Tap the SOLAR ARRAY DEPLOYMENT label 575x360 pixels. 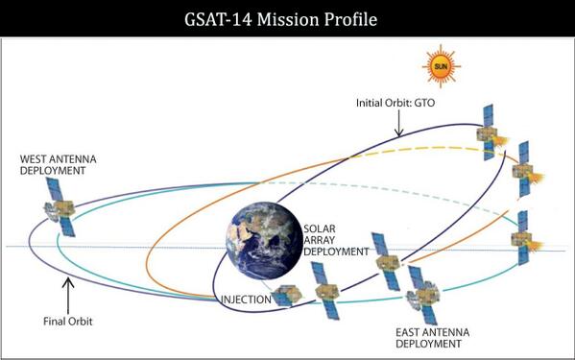point(337,240)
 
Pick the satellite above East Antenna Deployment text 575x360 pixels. point(421,292)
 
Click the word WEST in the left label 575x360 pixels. point(36,157)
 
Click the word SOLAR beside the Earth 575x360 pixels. point(321,228)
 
